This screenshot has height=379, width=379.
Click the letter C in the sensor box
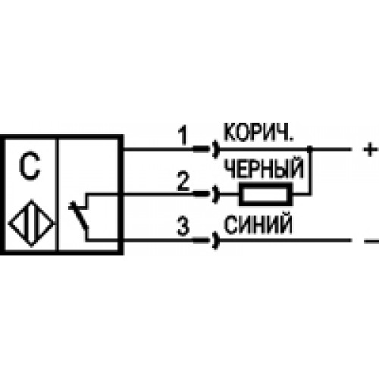(x=30, y=166)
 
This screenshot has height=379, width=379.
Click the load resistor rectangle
(x=265, y=194)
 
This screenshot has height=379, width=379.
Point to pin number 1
(x=183, y=136)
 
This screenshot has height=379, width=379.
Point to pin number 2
(x=183, y=181)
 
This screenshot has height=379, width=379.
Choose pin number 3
(x=183, y=227)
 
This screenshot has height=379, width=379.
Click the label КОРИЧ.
(x=258, y=132)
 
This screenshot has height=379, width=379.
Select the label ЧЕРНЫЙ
(x=264, y=168)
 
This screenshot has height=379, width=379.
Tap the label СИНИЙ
(x=258, y=224)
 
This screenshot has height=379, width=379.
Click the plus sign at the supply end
(x=370, y=149)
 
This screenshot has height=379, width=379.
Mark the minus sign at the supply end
(x=371, y=241)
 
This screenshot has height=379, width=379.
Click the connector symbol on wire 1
(x=206, y=149)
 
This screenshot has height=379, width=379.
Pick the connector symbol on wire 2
(x=206, y=194)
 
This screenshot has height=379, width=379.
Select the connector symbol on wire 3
(x=206, y=240)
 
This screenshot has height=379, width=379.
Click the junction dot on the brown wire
(x=310, y=149)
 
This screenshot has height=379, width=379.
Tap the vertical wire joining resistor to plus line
(x=310, y=172)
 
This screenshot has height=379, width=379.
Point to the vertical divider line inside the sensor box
(x=57, y=195)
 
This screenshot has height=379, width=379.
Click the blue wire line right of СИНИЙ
(x=285, y=240)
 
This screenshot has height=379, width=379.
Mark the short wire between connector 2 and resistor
(x=229, y=194)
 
